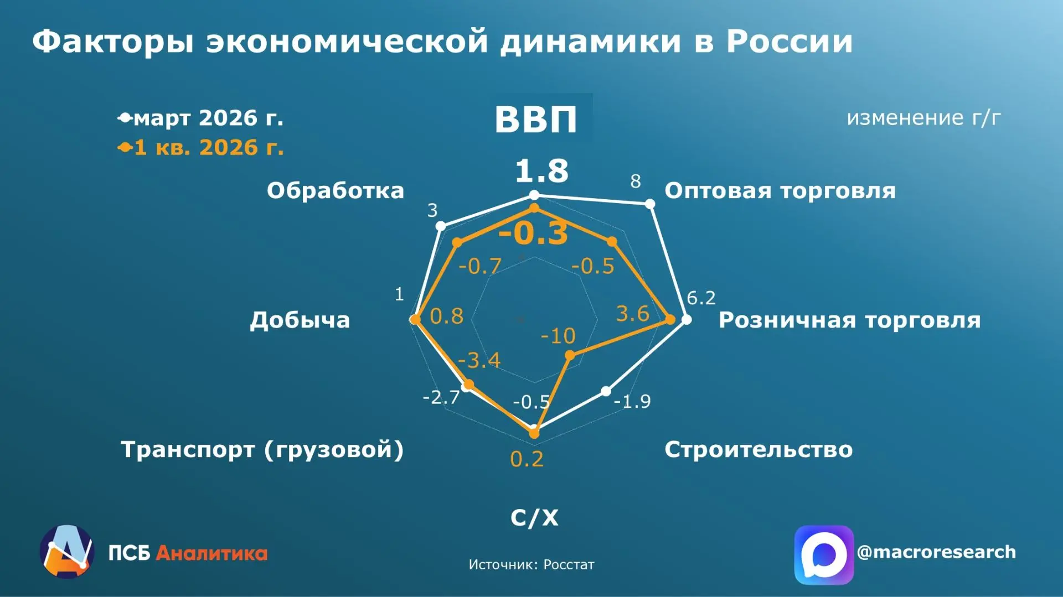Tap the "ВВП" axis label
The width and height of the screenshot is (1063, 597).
click(x=535, y=119)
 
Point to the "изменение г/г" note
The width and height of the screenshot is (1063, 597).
click(x=923, y=117)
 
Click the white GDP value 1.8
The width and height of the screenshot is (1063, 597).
click(x=541, y=170)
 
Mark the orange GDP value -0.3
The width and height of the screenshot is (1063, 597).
click(x=533, y=233)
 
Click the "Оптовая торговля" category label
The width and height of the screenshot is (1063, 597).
click(x=780, y=190)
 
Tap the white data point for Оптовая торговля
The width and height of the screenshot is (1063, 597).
click(x=651, y=204)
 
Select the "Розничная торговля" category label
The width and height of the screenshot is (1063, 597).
click(x=849, y=320)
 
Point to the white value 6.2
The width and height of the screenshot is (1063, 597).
click(x=701, y=298)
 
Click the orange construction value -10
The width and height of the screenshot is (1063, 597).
click(x=558, y=336)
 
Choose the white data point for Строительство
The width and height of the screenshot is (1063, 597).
click(x=606, y=391)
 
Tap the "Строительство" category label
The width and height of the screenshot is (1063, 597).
click(x=758, y=449)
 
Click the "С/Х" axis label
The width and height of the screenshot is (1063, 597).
click(x=534, y=517)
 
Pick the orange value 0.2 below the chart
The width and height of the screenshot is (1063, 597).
click(x=527, y=459)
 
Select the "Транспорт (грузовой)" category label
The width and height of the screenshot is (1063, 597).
click(x=262, y=450)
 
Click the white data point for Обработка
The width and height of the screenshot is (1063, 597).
click(x=441, y=226)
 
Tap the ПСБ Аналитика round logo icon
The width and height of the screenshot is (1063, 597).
click(x=67, y=552)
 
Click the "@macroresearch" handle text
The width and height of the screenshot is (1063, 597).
click(x=936, y=552)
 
